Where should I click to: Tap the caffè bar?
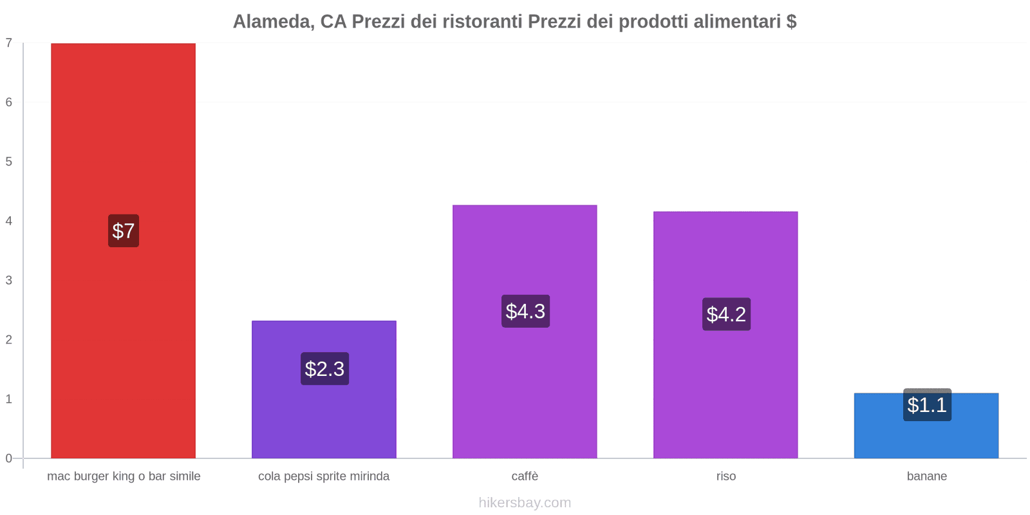tap(525, 386)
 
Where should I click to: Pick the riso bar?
tap(726, 386)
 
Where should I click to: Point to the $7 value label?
tap(123, 230)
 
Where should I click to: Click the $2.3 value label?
tap(324, 369)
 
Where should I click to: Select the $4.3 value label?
tap(525, 311)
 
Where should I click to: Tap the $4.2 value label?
tap(726, 314)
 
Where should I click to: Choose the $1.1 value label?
tap(927, 405)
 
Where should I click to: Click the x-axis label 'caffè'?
tap(525, 476)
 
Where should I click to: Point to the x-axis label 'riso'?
tap(726, 476)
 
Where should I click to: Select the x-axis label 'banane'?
tap(926, 476)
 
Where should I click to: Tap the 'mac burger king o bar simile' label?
tap(124, 476)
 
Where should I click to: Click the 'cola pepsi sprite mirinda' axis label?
tap(324, 476)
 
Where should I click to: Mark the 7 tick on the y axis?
tap(9, 43)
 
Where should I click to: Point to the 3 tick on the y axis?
tap(9, 280)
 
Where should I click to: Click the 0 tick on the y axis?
tap(9, 458)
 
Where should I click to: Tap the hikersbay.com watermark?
tap(525, 503)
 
